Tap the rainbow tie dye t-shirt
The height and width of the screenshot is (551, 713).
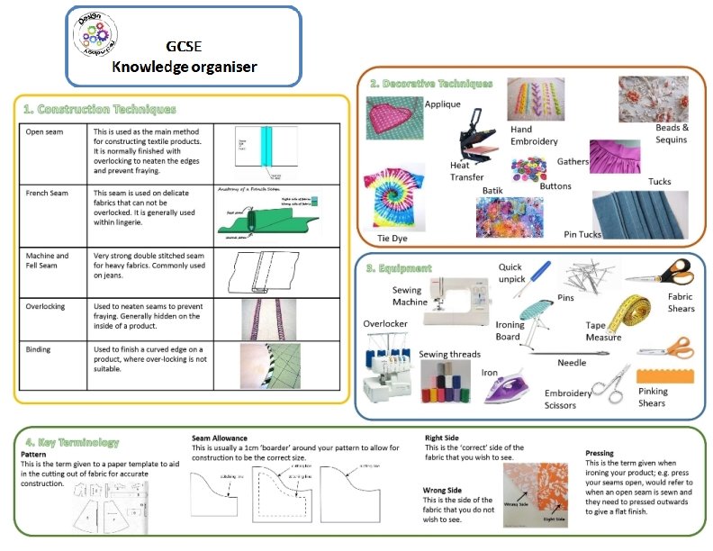[393, 195]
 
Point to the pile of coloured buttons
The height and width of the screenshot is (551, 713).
[528, 169]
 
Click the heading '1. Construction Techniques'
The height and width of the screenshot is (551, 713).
[99, 109]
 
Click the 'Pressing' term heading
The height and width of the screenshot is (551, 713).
[600, 453]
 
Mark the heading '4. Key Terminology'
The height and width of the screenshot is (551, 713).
[72, 442]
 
